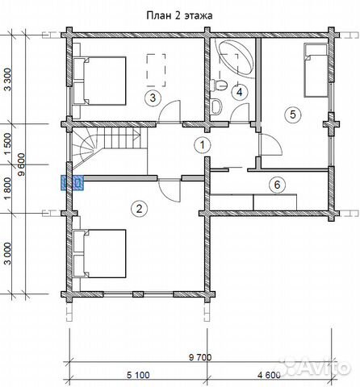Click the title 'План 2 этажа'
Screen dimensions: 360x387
(x=179, y=15)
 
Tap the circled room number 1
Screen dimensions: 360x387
(x=203, y=145)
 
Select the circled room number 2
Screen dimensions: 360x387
(x=139, y=209)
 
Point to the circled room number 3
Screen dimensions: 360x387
(x=153, y=98)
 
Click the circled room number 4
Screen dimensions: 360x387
(x=239, y=92)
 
